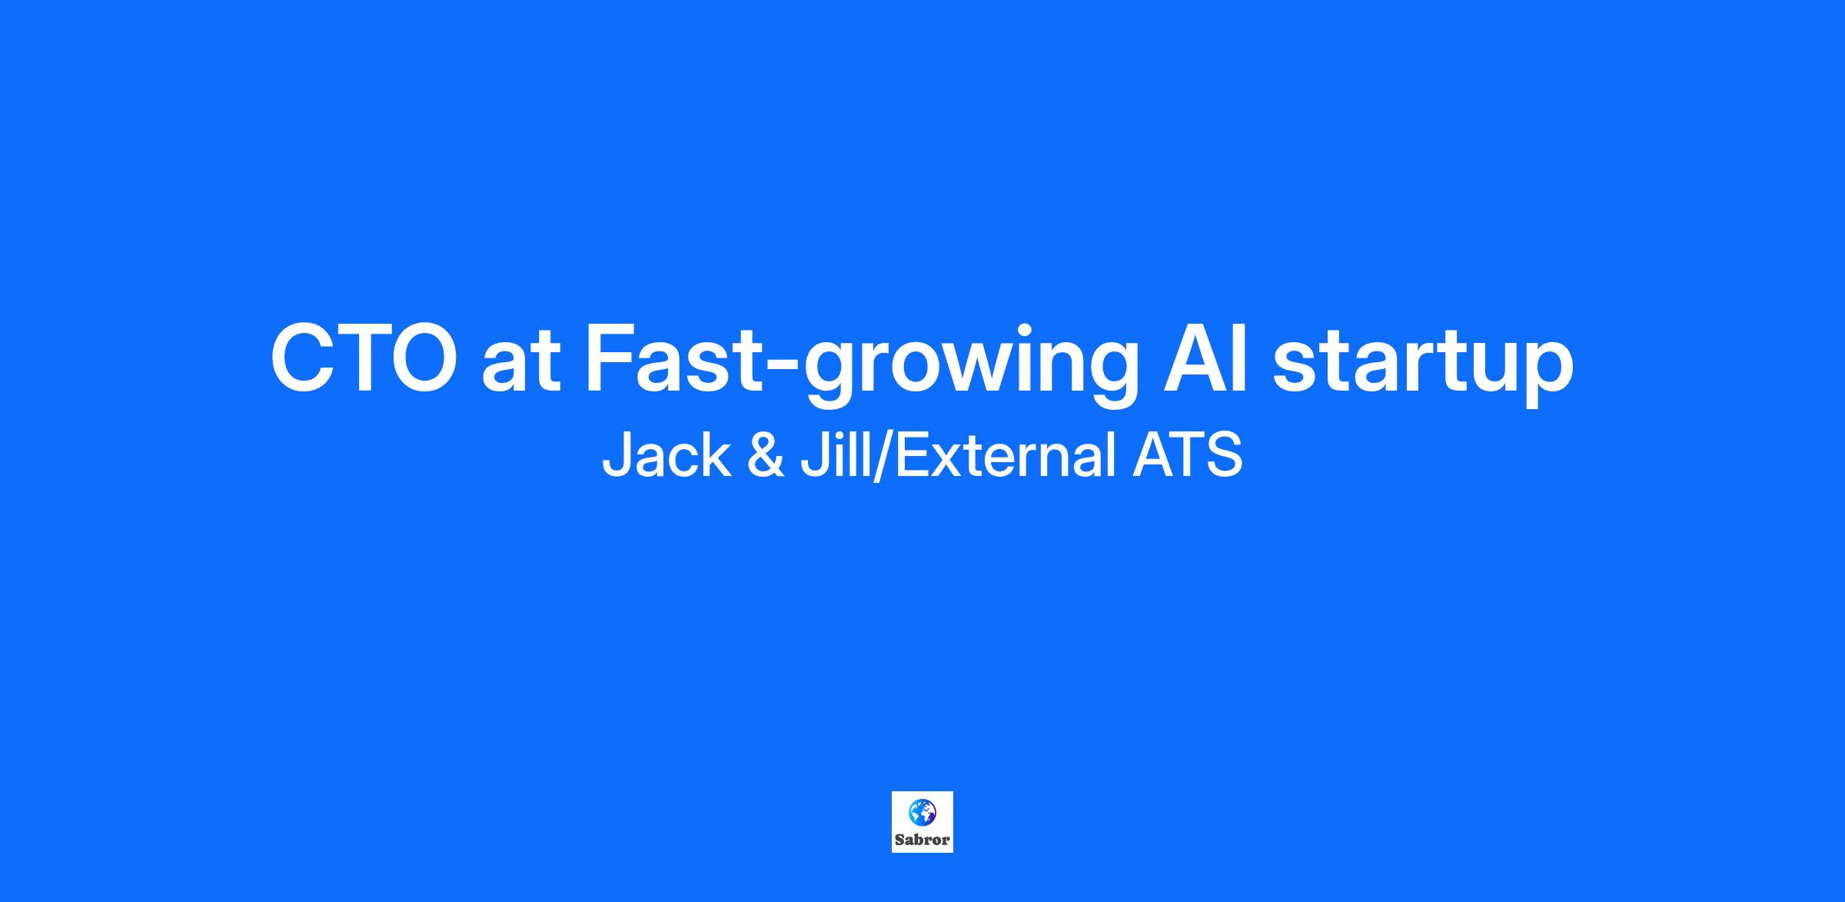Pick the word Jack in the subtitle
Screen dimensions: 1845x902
pos(667,454)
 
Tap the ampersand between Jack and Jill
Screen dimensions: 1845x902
pos(766,455)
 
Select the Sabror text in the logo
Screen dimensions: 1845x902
pos(922,840)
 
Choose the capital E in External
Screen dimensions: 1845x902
pos(913,454)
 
